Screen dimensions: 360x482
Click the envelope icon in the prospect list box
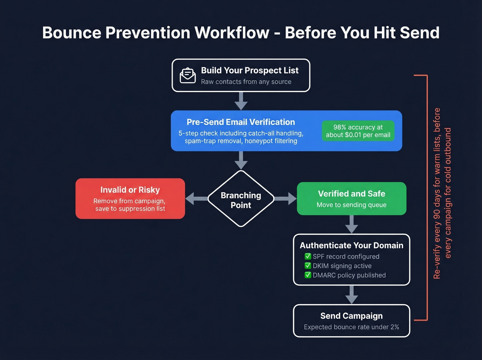(188, 75)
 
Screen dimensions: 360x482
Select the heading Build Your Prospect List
(250, 70)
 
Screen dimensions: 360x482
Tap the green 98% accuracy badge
(358, 131)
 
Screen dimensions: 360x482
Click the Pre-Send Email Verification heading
(241, 122)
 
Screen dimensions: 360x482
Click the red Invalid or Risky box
(130, 198)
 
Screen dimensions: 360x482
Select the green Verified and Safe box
(352, 198)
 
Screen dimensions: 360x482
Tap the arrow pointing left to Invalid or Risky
(196, 198)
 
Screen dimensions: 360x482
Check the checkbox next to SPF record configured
(308, 256)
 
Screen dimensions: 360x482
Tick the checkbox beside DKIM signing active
(308, 266)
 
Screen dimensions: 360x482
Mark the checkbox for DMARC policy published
(308, 275)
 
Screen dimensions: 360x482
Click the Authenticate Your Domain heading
(352, 245)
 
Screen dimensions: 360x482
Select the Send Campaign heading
(352, 316)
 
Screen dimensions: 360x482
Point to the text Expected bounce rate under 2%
(352, 327)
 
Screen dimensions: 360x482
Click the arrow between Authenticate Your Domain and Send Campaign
(352, 295)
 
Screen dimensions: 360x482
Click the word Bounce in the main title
(72, 33)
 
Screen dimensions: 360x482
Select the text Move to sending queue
(352, 205)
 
